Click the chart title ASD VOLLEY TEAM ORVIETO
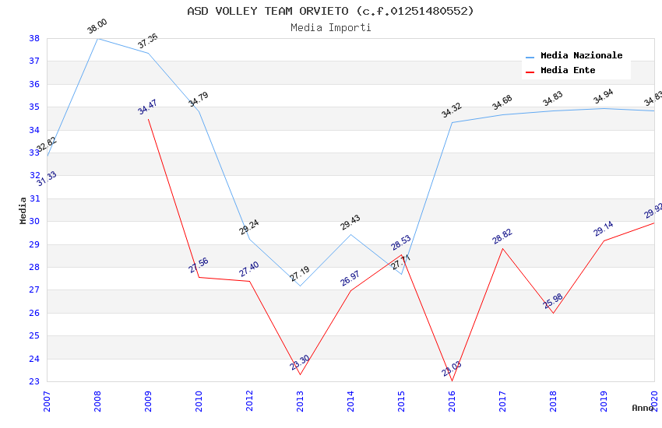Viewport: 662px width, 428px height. (330, 11)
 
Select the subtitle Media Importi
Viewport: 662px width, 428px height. (330, 27)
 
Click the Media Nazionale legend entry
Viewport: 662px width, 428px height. (581, 56)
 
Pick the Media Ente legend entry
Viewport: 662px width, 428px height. (568, 71)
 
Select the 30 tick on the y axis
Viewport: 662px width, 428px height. (35, 222)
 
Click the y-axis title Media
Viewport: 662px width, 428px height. (23, 210)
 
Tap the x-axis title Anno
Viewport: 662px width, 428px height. (643, 408)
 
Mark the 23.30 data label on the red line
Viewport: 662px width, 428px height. (300, 363)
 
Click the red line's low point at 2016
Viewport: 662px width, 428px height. (452, 381)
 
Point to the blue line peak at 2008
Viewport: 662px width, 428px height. (97, 38)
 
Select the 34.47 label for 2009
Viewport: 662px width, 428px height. (147, 107)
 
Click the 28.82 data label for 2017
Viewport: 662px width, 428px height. (502, 237)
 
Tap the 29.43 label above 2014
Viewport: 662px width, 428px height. (350, 223)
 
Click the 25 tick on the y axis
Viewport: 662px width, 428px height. (35, 336)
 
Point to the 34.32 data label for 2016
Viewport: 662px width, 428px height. (452, 111)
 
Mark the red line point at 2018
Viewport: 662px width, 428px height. (553, 313)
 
